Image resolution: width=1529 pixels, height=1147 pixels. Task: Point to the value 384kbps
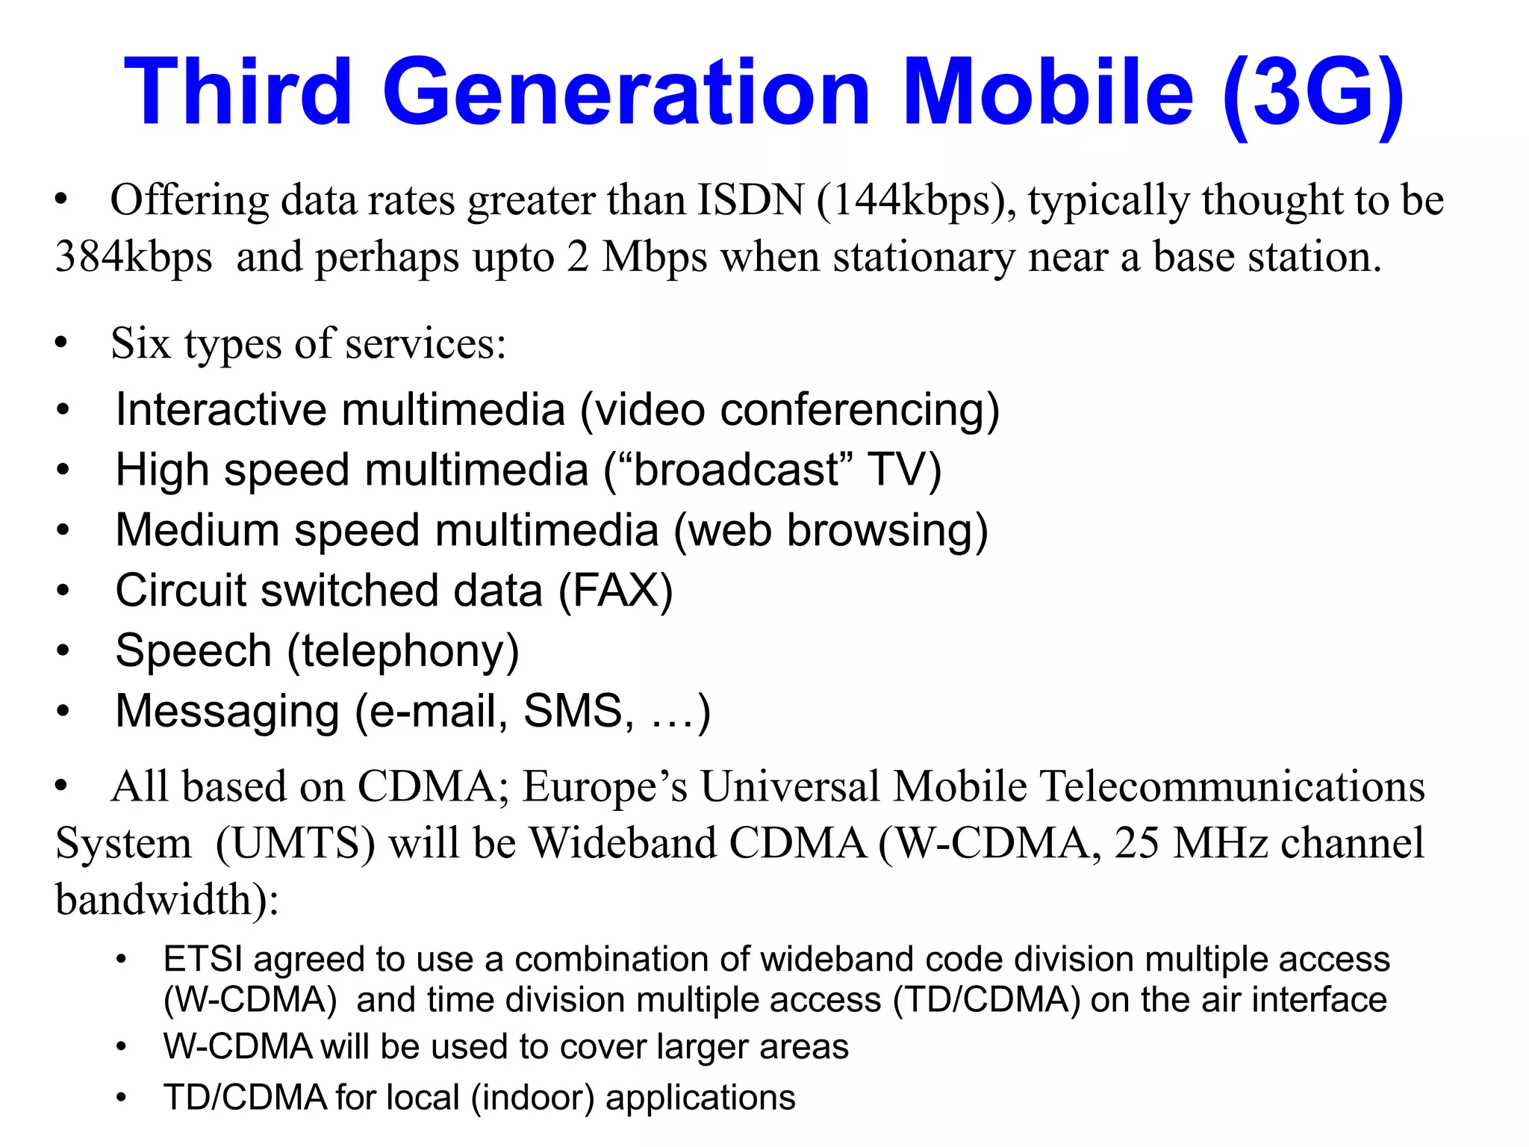pyautogui.click(x=134, y=257)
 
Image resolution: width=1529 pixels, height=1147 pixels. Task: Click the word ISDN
pyautogui.click(x=750, y=200)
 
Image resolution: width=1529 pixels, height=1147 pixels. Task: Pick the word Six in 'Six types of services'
pyautogui.click(x=141, y=344)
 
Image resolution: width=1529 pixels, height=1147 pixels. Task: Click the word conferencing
pyautogui.click(x=859, y=410)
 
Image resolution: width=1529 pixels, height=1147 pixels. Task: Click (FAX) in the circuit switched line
pyautogui.click(x=616, y=591)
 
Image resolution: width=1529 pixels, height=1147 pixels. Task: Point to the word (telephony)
pyautogui.click(x=403, y=651)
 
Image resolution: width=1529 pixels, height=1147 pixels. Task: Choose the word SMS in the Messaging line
pyautogui.click(x=573, y=711)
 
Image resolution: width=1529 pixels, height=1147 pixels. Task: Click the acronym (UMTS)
pyautogui.click(x=296, y=844)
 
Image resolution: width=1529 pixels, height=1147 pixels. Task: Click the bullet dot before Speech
pyautogui.click(x=63, y=651)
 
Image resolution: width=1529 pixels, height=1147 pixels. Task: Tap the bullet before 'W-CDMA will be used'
pyautogui.click(x=122, y=1047)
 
